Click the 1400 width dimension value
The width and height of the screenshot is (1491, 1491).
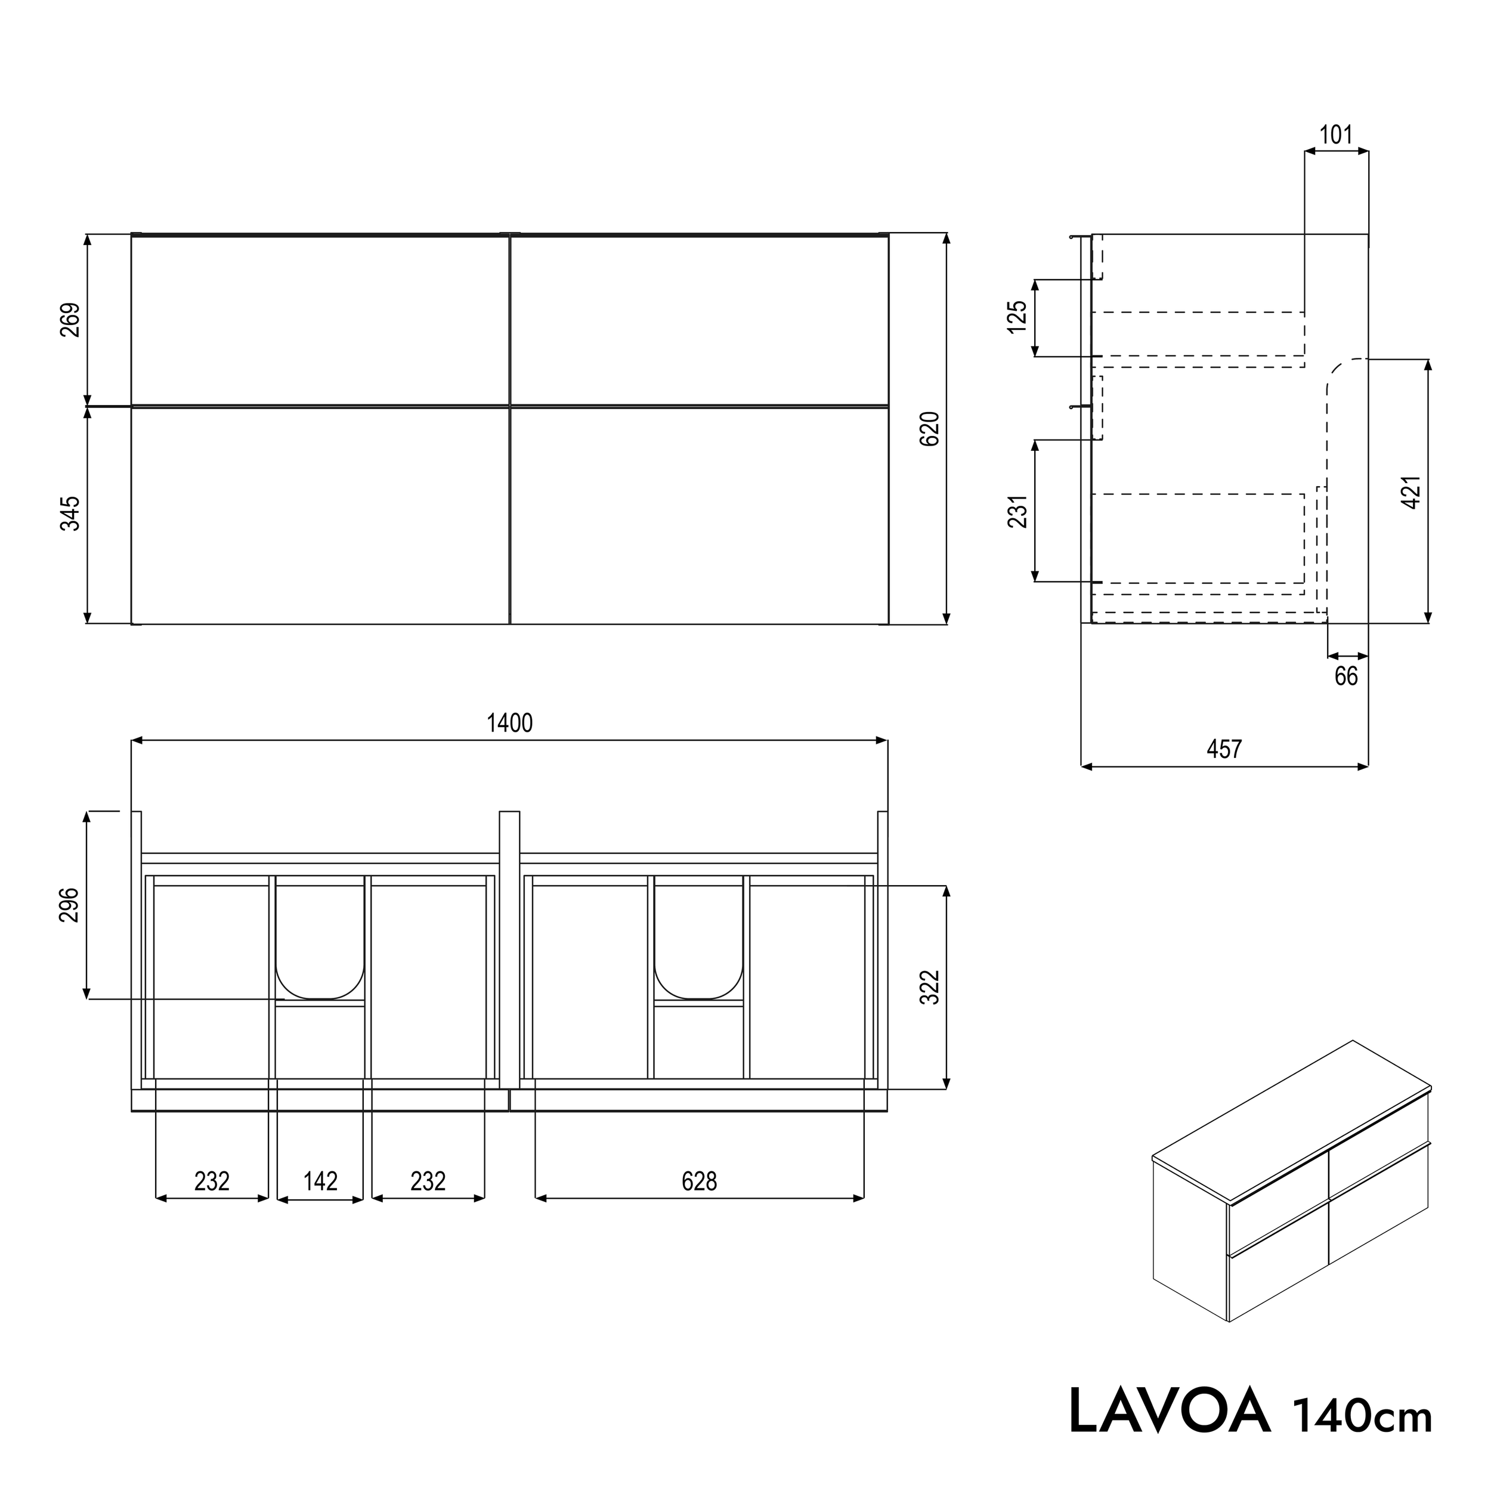(x=509, y=723)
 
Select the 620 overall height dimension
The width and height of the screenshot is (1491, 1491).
(x=931, y=428)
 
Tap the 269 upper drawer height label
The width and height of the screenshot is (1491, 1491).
(x=70, y=320)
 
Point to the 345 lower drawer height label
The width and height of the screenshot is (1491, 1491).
(x=70, y=514)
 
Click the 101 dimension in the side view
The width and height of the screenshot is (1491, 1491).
(x=1336, y=135)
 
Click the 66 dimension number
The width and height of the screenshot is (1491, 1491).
(x=1346, y=676)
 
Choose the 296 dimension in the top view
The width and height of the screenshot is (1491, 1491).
(x=70, y=905)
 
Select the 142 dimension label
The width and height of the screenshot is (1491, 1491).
(x=320, y=1181)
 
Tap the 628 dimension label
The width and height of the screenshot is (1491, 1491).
(x=699, y=1181)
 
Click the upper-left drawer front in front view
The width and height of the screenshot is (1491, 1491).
(x=320, y=320)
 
